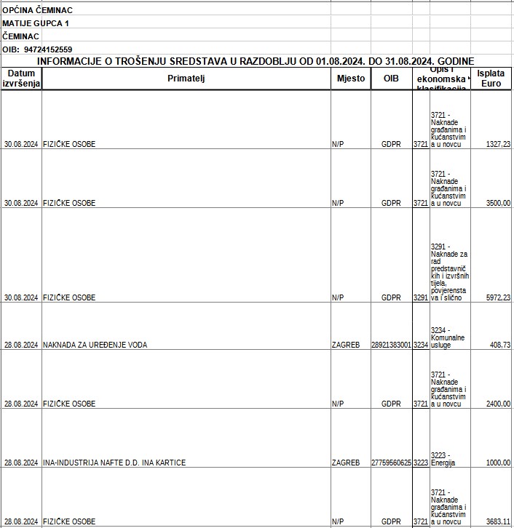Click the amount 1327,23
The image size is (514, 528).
point(497,144)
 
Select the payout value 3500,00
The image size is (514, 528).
point(498,203)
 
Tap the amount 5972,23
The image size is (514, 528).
point(498,297)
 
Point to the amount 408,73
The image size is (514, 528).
point(500,345)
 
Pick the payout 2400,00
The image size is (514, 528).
point(498,404)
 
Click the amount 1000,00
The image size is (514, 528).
point(498,463)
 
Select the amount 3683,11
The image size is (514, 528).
point(498,521)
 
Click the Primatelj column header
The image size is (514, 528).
point(186,79)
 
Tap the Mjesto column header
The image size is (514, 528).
point(351,79)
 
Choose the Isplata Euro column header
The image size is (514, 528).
point(491,79)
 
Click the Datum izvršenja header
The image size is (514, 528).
point(21,79)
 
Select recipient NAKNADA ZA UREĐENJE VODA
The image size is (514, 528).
point(95,345)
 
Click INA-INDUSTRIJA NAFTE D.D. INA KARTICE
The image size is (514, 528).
point(114,463)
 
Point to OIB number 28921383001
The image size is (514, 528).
point(391,345)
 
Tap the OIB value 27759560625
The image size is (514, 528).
point(391,463)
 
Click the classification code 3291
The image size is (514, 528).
point(421,297)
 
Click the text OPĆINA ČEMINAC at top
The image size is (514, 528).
point(37,10)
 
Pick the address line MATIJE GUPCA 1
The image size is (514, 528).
point(36,23)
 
